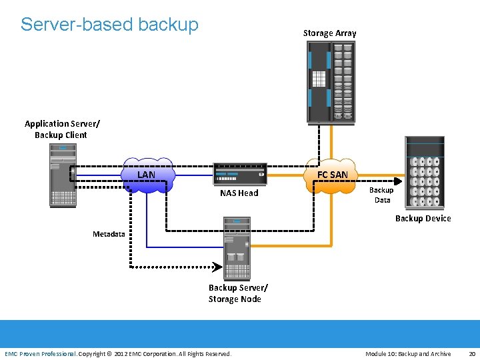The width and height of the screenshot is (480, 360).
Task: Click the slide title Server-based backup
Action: [109, 25]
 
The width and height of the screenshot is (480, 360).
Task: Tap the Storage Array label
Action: [329, 33]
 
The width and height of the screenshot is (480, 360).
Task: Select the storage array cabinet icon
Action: [331, 82]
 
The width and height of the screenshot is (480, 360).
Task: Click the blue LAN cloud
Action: [147, 175]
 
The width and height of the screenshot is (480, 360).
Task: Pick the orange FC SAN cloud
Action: [332, 175]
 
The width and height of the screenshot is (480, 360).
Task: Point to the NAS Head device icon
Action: [239, 174]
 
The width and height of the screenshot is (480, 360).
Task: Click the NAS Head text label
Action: [239, 193]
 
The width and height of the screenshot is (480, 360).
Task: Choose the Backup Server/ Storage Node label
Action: [238, 293]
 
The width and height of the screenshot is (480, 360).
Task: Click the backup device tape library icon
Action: [425, 174]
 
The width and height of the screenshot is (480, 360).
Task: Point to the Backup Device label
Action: [423, 219]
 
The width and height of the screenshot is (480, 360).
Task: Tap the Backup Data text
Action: [382, 195]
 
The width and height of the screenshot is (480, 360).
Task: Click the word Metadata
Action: [109, 234]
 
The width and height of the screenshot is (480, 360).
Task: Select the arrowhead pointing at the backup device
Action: [398, 180]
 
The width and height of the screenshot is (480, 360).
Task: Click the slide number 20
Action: [471, 354]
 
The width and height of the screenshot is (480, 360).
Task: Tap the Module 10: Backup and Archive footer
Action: [408, 354]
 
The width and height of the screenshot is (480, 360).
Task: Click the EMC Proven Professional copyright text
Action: [118, 354]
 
